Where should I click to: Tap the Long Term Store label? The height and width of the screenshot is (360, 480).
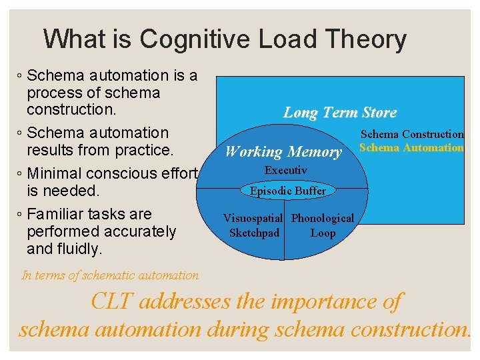pyautogui.click(x=340, y=112)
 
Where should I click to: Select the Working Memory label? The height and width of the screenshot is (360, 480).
pyautogui.click(x=283, y=151)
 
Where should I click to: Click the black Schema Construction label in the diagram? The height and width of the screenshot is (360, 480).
pyautogui.click(x=412, y=135)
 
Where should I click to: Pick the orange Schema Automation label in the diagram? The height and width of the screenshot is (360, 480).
pyautogui.click(x=411, y=147)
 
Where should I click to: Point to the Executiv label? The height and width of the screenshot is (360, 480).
pyautogui.click(x=285, y=170)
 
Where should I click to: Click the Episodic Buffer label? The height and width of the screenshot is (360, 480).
pyautogui.click(x=288, y=191)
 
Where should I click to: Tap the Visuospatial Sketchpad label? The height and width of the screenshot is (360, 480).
pyautogui.click(x=254, y=225)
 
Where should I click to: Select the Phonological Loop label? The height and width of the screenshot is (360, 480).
pyautogui.click(x=323, y=225)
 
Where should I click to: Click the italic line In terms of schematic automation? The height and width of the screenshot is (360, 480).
pyautogui.click(x=110, y=275)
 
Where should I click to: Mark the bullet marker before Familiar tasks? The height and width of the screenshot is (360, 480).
pyautogui.click(x=20, y=215)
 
